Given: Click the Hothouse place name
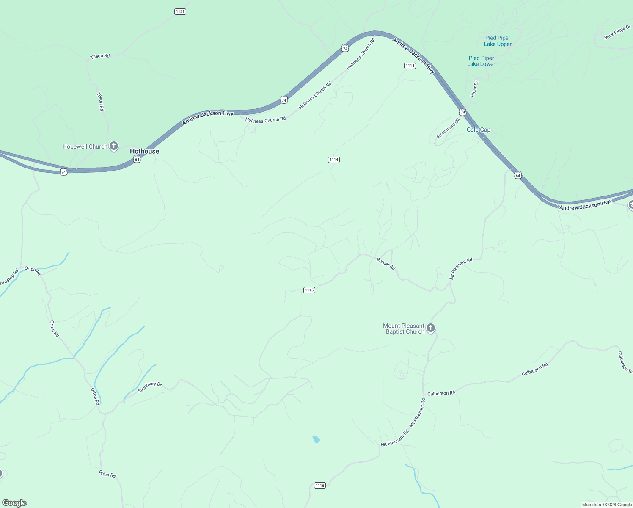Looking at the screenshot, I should pos(144,151).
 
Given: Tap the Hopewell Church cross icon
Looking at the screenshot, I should pos(113,146).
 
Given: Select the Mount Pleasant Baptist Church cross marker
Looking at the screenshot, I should pos(430,328).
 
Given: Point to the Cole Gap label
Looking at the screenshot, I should pos(479,130).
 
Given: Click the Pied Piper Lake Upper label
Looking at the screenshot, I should pos(498,41).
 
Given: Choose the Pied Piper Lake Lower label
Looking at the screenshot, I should pos(481,61).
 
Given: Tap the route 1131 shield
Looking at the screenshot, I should pos(180,11).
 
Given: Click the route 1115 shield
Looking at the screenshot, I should pos(309,290).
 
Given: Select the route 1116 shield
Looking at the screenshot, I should pos(320,486).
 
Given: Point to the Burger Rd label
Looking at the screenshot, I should pos(385,264).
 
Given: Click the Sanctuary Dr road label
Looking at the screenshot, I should pos(149,387).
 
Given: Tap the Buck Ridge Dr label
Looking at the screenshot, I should pos(617,33).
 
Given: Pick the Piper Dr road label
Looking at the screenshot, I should pos(474,89).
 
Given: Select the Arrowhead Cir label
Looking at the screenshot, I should pos(448,129).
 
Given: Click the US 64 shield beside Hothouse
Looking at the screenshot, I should pos(137,159).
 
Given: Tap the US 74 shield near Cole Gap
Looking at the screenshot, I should pos(462,112).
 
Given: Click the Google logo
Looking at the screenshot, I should pos(14,503).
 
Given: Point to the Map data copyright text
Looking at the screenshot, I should pos(607,505).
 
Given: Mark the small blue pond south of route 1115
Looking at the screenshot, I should pos(316,439).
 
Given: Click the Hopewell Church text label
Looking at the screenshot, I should pos(85,147).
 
